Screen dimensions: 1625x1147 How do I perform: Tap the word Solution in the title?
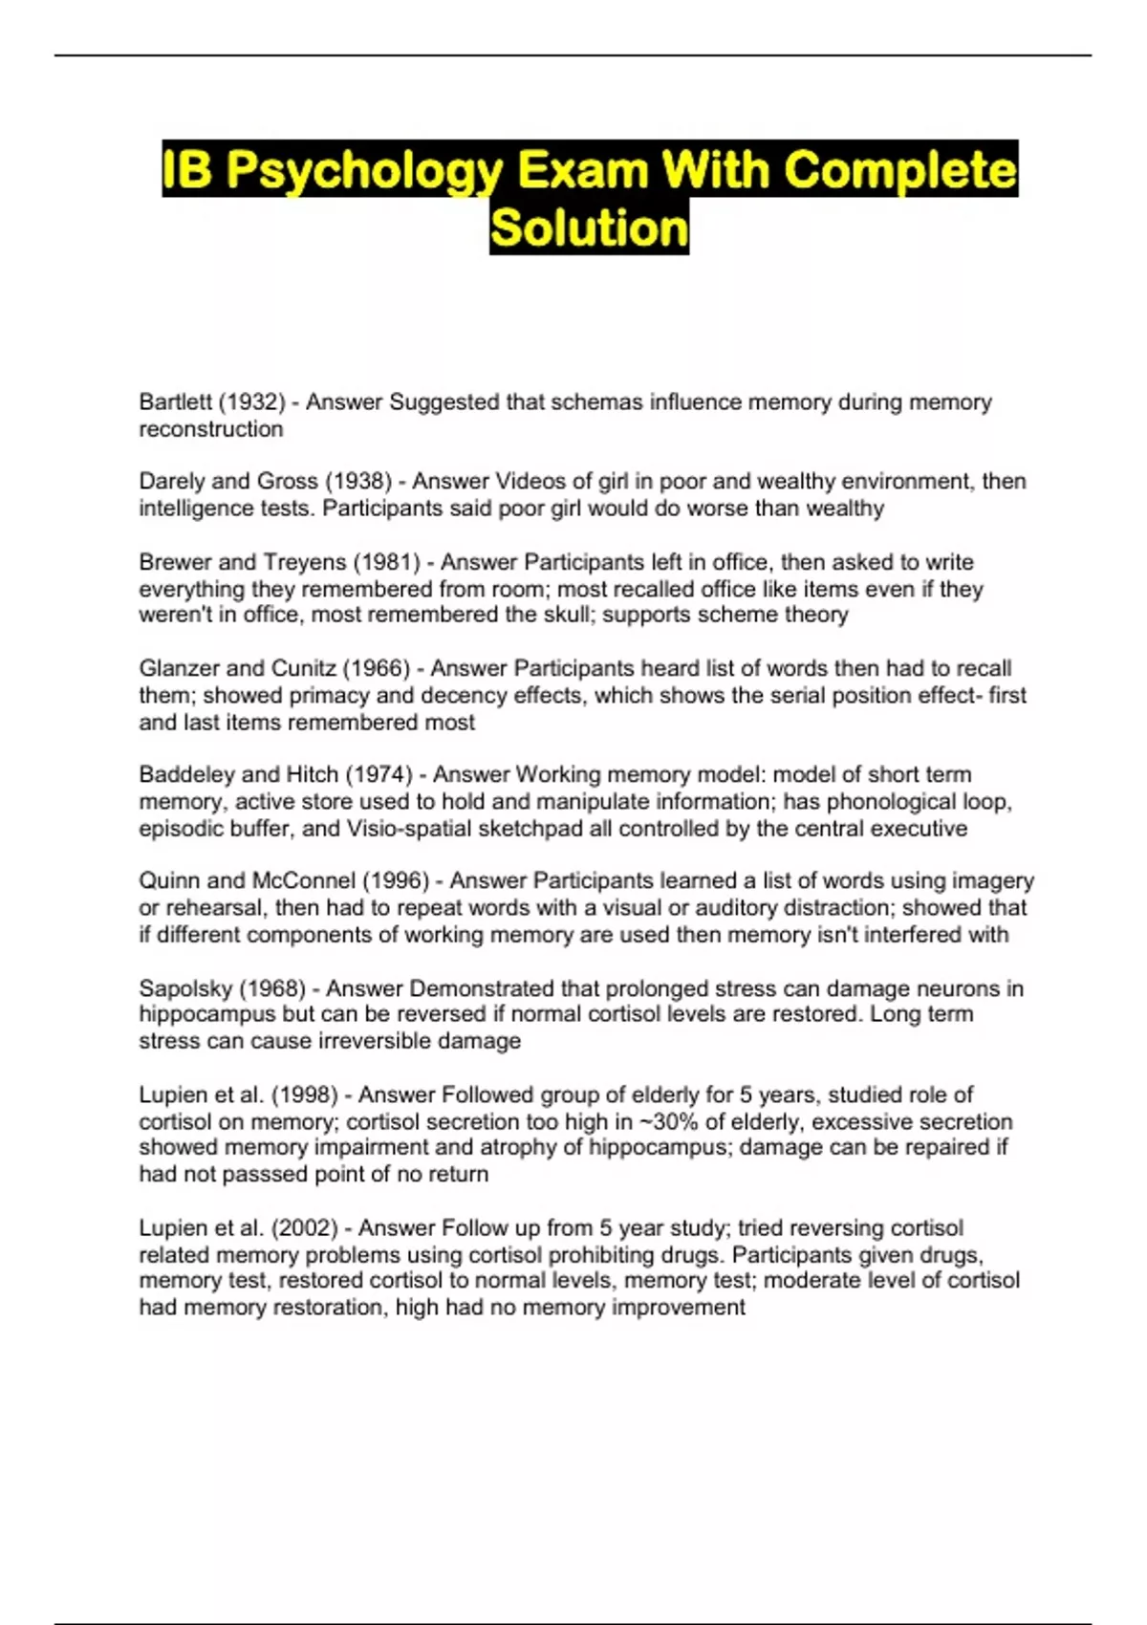tap(589, 228)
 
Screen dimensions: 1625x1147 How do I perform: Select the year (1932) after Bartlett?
tap(252, 402)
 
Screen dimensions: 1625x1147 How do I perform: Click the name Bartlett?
tap(175, 402)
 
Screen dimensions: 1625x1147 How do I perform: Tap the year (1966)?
tap(376, 668)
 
